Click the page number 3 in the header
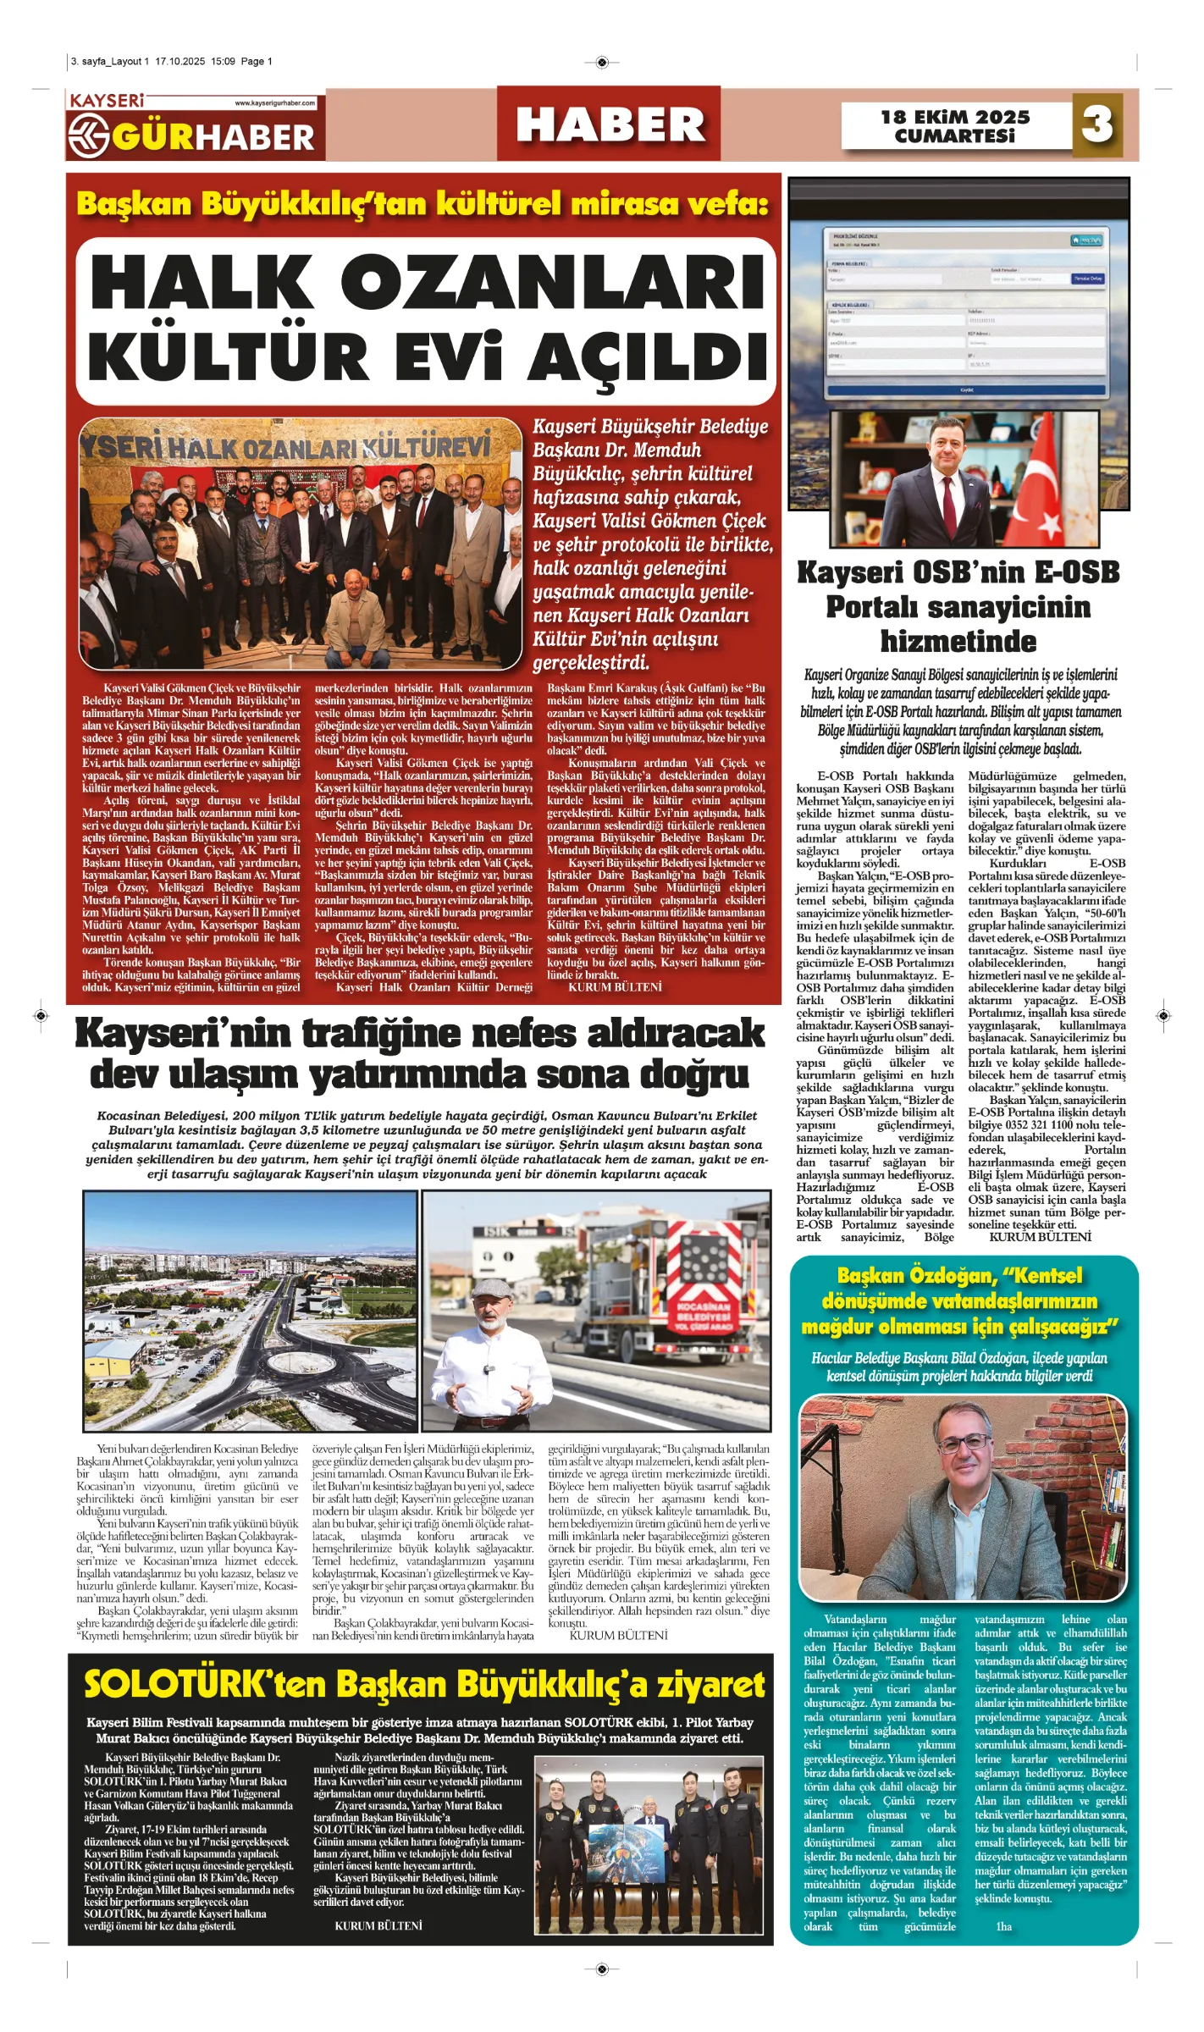pyautogui.click(x=1097, y=124)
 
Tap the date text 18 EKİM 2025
pyautogui.click(x=955, y=117)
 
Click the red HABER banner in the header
pyautogui.click(x=610, y=124)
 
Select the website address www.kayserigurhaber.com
pyautogui.click(x=274, y=103)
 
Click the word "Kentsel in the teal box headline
pyautogui.click(x=1043, y=1275)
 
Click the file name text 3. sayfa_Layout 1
pyautogui.click(x=110, y=62)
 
